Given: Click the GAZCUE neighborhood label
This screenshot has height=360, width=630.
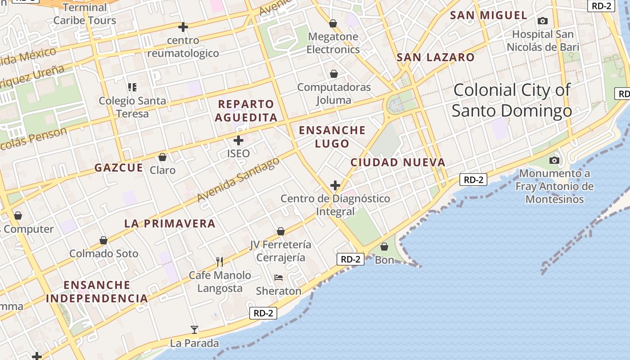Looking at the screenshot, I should [118, 168].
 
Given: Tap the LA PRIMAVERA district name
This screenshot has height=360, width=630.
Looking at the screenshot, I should [170, 223].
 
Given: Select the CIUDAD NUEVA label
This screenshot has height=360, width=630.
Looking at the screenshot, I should [398, 162].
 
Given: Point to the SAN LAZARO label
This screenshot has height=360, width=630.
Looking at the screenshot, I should [435, 58].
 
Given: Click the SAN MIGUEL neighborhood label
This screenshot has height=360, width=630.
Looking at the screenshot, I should [488, 15].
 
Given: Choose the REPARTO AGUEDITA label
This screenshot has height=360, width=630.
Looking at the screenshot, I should [246, 111].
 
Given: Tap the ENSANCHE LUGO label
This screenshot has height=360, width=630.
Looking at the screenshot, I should [332, 137].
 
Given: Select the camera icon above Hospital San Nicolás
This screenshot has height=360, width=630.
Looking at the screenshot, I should [543, 21].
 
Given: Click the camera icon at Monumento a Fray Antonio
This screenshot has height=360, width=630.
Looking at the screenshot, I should [554, 160].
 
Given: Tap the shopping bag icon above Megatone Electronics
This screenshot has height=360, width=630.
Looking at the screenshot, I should [333, 23].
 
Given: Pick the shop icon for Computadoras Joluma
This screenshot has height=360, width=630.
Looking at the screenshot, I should [334, 73].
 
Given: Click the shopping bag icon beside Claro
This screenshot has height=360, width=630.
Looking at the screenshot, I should [162, 157].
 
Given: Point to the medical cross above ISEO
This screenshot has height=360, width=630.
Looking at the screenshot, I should [238, 140].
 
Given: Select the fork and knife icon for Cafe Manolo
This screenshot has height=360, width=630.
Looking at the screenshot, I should [220, 261].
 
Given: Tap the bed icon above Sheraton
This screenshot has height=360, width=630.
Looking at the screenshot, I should [279, 278].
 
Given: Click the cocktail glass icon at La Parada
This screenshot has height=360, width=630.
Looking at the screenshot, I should [194, 330].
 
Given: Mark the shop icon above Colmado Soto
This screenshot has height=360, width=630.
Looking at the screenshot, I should [103, 240].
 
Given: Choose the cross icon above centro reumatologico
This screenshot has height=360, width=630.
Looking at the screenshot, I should [183, 27].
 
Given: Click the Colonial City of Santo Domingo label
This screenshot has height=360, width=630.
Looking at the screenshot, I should [512, 100].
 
